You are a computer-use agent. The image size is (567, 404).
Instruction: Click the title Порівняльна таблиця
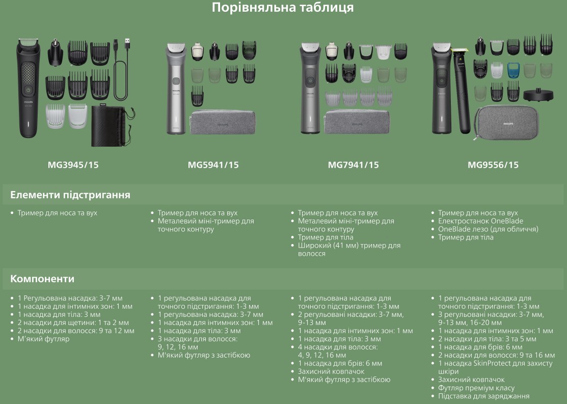(x=283, y=8)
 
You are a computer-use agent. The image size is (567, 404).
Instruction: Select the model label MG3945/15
(x=73, y=165)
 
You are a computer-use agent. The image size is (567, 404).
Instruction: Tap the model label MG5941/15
(x=213, y=165)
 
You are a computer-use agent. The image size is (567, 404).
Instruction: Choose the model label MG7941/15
(x=353, y=165)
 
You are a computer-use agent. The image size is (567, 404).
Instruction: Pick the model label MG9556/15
(x=493, y=165)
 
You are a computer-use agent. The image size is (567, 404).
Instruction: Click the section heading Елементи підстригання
(x=70, y=195)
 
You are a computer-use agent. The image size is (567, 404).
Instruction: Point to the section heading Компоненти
(x=42, y=279)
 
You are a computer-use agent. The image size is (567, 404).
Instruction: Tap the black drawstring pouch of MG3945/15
(x=112, y=126)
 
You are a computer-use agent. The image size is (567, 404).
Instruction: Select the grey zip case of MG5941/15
(x=223, y=122)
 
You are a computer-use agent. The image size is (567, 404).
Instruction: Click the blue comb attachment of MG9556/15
(x=513, y=70)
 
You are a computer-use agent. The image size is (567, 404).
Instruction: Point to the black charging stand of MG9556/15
(x=538, y=95)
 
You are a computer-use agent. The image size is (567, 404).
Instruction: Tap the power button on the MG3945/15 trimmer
(x=28, y=90)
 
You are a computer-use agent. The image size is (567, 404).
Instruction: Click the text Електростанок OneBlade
(x=480, y=221)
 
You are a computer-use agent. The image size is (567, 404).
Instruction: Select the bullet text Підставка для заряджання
(x=484, y=396)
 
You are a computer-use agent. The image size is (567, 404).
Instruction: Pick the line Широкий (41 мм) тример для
(x=349, y=246)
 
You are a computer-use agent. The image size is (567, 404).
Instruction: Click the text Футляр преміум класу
(x=476, y=388)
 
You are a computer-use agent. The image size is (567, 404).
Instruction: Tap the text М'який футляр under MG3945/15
(x=43, y=339)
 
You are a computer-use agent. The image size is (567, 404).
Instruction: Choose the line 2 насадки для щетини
(x=73, y=322)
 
